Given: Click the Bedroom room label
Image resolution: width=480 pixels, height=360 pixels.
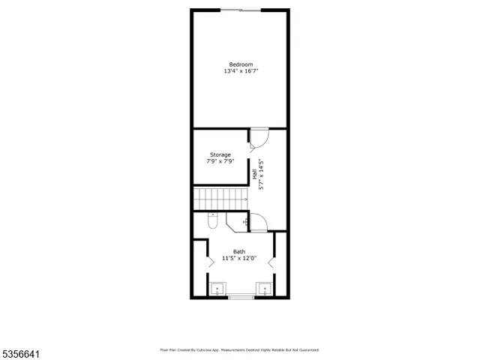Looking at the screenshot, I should click(241, 64).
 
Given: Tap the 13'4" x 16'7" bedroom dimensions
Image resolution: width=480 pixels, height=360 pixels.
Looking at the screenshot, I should click(241, 71).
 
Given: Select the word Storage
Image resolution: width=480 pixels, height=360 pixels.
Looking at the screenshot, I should click(220, 154).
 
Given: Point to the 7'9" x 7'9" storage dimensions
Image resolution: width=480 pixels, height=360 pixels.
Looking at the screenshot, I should click(220, 161).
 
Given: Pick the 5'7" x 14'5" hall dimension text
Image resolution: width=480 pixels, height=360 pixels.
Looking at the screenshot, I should click(262, 174).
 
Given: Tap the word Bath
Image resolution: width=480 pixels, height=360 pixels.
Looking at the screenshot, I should click(238, 252).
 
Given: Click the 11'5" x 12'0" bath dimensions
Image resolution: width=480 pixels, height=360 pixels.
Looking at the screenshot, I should click(238, 259).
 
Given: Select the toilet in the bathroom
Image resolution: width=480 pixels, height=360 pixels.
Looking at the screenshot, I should click(213, 221).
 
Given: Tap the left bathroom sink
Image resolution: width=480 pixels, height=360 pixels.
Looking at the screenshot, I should click(217, 289).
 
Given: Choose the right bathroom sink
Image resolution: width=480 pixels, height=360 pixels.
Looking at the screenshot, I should click(263, 289).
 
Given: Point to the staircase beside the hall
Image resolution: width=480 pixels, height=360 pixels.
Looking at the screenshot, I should click(220, 199).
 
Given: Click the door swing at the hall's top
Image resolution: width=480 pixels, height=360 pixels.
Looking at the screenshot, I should click(258, 138).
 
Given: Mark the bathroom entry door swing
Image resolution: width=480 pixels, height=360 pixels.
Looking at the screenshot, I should click(258, 222).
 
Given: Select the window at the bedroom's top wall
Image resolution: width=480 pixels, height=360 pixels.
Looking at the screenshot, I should click(241, 10).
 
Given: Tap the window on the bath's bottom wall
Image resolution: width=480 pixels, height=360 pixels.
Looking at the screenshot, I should click(241, 298).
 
